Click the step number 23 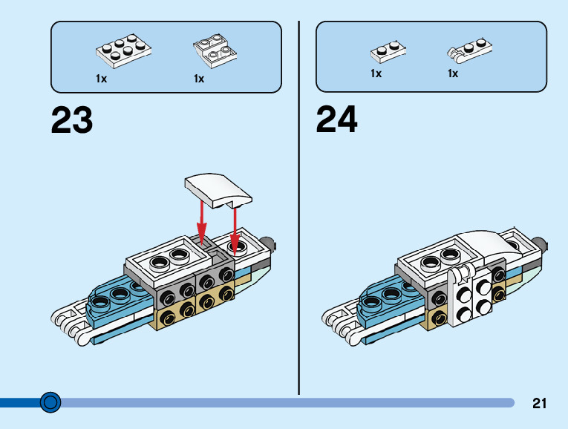click(72, 120)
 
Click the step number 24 click(337, 119)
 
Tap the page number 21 click(539, 404)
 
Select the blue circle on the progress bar click(50, 402)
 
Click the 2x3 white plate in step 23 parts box click(123, 50)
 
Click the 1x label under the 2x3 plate click(102, 78)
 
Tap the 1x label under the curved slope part click(199, 78)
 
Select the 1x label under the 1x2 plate click(376, 73)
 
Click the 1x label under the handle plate click(453, 73)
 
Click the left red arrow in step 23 click(200, 215)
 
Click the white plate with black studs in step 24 click(471, 292)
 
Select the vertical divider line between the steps click(298, 208)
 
